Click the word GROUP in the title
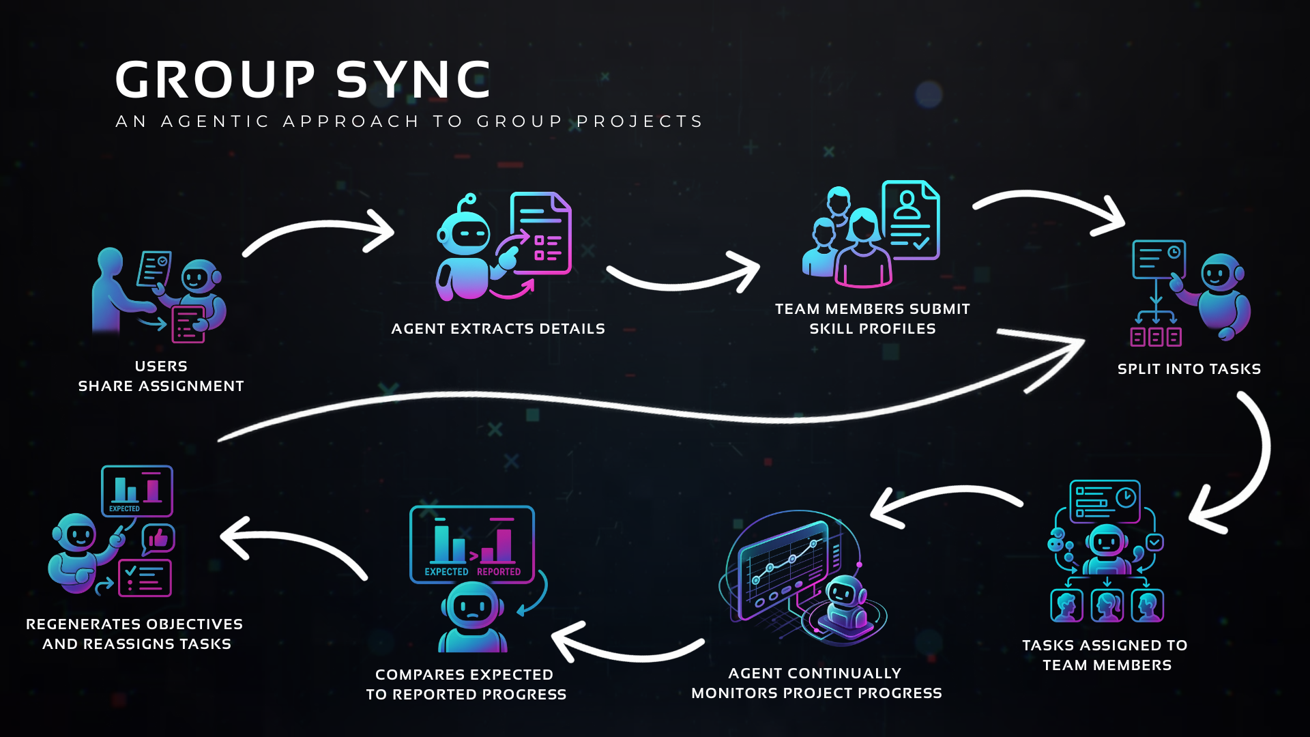point(215,80)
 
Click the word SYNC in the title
point(413,80)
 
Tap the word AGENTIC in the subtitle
point(215,121)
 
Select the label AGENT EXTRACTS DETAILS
point(498,329)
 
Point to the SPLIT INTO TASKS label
point(1189,369)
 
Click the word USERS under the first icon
point(161,366)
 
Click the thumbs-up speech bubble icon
point(158,540)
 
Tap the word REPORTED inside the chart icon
point(499,572)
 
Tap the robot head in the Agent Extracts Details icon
point(464,232)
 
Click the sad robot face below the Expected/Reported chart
point(473,607)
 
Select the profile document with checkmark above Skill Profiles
point(910,220)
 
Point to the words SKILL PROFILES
point(872,329)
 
